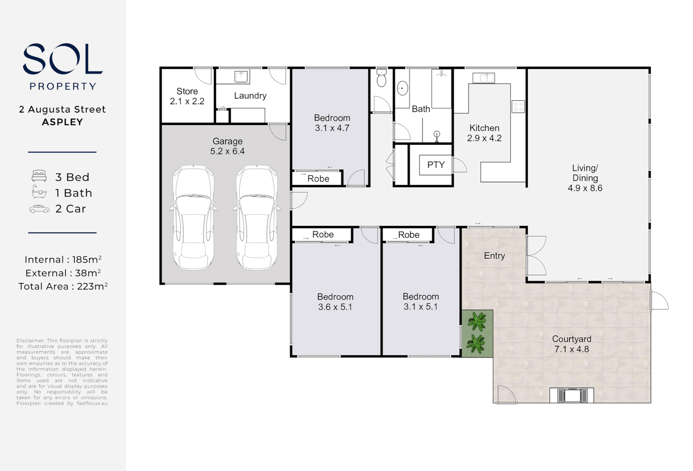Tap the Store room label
(187, 91)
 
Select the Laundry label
(250, 96)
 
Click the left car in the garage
(194, 217)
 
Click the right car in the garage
(257, 217)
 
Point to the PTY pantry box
(436, 165)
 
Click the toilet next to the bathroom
(382, 78)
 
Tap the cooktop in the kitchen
(518, 106)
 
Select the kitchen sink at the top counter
(484, 78)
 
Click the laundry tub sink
(241, 77)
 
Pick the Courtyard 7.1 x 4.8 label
(571, 344)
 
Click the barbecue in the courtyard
(571, 396)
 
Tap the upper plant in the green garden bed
(477, 322)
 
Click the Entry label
(494, 256)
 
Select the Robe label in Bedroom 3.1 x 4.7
(318, 178)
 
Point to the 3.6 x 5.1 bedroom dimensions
(335, 307)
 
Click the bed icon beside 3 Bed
(39, 176)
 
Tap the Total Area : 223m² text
(63, 287)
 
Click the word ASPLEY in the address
(62, 122)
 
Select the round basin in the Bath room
(402, 89)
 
